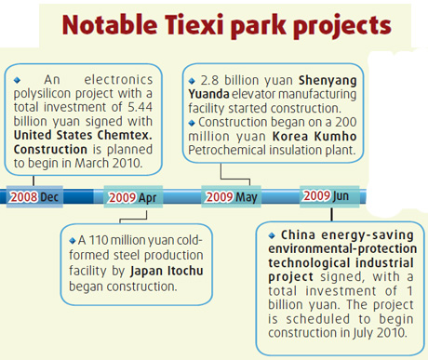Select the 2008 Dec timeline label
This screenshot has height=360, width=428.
pos(35,196)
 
